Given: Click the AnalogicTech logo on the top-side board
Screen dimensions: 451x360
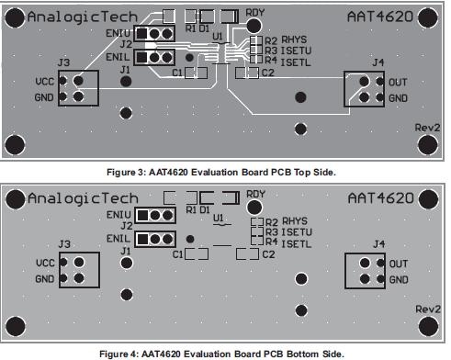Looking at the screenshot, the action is click(x=83, y=17).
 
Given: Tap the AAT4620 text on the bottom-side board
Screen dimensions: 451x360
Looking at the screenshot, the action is click(x=381, y=198).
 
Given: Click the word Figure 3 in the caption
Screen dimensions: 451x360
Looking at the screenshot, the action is click(x=126, y=173).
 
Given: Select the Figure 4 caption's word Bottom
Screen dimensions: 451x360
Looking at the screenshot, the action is click(x=300, y=354).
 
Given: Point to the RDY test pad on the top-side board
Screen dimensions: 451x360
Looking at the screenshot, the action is click(x=254, y=26).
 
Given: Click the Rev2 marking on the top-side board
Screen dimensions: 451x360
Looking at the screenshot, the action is click(x=427, y=128).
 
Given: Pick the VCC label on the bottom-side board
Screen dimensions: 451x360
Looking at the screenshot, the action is click(x=45, y=263).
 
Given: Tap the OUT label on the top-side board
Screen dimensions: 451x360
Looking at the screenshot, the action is click(x=398, y=83).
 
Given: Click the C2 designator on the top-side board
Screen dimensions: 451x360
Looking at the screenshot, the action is click(x=267, y=73).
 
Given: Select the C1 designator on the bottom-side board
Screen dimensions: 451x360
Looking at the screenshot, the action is click(x=177, y=254).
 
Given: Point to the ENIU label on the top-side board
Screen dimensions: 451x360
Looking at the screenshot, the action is click(x=118, y=33).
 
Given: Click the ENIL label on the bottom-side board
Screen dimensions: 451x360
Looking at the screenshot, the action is click(x=118, y=239).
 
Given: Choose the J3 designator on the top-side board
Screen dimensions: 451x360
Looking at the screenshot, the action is click(x=63, y=62).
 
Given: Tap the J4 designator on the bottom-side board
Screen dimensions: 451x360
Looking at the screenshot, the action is click(x=379, y=244).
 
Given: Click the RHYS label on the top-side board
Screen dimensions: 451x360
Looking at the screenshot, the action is click(x=294, y=39).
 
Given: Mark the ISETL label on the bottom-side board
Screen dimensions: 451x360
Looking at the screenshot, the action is click(x=296, y=244).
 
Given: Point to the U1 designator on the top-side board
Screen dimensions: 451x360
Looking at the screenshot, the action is click(x=218, y=37).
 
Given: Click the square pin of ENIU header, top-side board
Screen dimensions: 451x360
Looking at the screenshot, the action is click(x=141, y=33).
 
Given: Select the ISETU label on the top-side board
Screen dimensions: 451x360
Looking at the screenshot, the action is click(x=296, y=51).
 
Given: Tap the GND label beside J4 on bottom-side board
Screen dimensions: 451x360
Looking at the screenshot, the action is click(x=399, y=279).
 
